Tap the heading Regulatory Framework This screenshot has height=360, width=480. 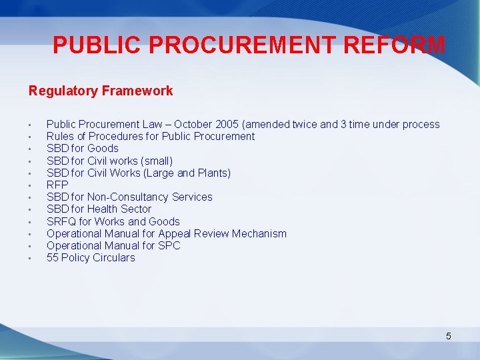click(101, 91)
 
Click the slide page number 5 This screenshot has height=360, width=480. click(449, 336)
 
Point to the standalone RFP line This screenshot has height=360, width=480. click(57, 185)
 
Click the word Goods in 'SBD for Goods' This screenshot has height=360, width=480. click(103, 149)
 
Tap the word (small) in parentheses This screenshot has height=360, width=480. click(157, 161)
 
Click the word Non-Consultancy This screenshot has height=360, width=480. click(128, 197)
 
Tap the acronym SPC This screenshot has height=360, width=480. click(169, 246)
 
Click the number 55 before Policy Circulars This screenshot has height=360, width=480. click(53, 258)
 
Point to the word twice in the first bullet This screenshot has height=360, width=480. click(305, 125)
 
